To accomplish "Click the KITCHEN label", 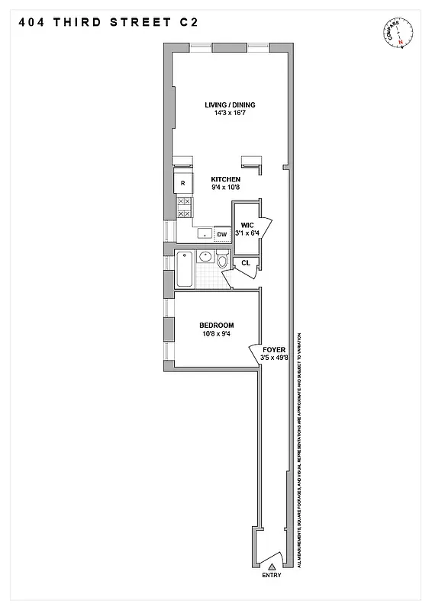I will [x=227, y=180].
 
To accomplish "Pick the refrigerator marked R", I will [x=183, y=184].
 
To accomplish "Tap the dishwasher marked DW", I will [x=222, y=235].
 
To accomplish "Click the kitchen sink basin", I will [x=204, y=233].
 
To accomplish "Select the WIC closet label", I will [x=247, y=226].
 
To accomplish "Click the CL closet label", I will [x=246, y=263].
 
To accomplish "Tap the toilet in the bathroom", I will [x=222, y=262].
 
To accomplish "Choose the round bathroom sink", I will [x=205, y=256].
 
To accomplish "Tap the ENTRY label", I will [x=271, y=575].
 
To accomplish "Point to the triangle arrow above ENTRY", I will [x=271, y=566].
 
